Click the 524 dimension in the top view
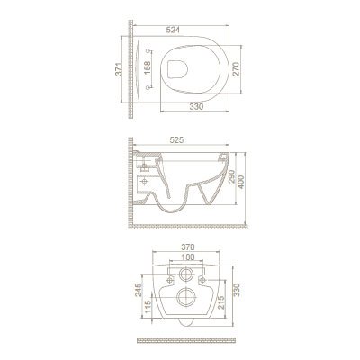[173, 30]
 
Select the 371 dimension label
[119, 69]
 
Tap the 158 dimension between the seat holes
[147, 69]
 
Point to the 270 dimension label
[236, 69]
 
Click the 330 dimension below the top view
[196, 106]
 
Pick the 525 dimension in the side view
[176, 140]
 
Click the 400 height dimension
[241, 181]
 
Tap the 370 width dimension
[188, 247]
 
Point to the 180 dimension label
[188, 257]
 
